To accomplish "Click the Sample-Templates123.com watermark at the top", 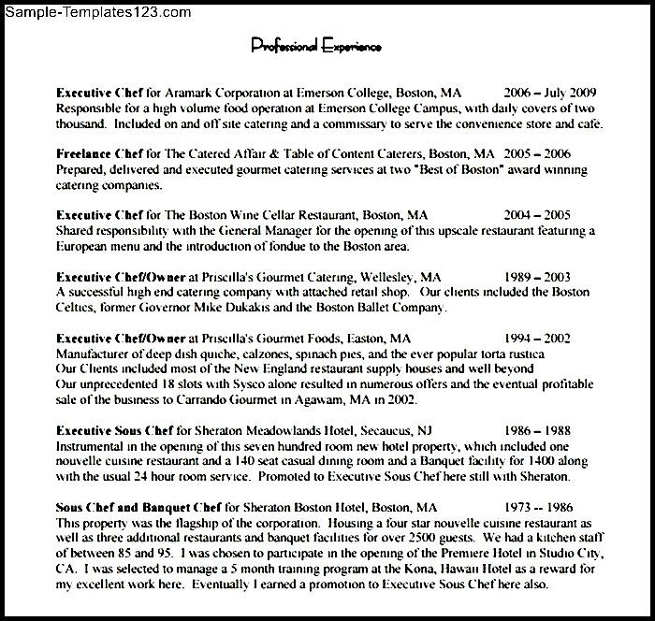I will [x=96, y=13].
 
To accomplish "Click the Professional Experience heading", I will [x=315, y=46].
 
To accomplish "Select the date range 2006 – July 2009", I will [x=549, y=94].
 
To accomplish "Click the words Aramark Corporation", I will [x=218, y=94].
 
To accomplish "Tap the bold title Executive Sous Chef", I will [x=114, y=431].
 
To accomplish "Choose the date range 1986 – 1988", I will [x=536, y=431].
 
